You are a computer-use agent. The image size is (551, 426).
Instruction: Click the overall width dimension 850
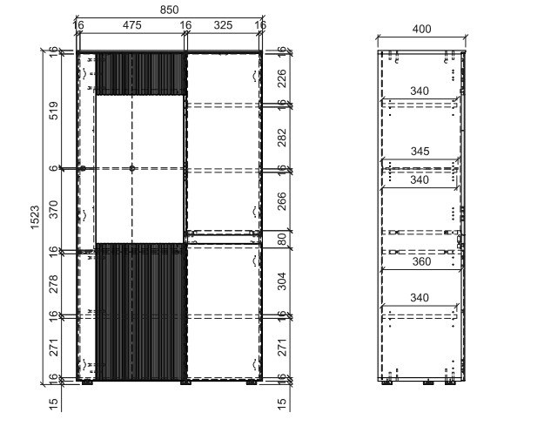tap(169, 10)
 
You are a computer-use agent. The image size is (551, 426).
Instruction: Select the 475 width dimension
tap(131, 25)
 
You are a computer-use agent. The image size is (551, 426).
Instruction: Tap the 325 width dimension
tap(223, 25)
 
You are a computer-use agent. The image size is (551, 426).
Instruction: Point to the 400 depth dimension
tap(421, 29)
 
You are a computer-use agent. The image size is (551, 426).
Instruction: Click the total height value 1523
tap(35, 218)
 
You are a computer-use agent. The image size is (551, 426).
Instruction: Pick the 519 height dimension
tap(53, 111)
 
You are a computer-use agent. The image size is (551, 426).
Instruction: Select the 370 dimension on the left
tap(53, 209)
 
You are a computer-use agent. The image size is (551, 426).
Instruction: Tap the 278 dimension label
tap(53, 284)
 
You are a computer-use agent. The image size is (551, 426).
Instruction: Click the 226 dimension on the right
tap(282, 78)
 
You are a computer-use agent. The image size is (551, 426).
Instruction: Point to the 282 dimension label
tap(282, 138)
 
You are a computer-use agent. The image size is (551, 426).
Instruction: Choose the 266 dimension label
tap(282, 201)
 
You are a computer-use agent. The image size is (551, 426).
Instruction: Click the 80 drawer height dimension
tap(282, 240)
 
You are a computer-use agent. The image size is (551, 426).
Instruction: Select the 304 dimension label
tap(282, 281)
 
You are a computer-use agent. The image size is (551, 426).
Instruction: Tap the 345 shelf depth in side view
tap(420, 152)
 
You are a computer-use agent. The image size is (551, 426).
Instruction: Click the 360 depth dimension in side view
tap(421, 261)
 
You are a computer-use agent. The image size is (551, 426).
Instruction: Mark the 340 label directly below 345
tap(420, 179)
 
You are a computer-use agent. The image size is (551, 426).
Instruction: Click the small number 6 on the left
tap(53, 168)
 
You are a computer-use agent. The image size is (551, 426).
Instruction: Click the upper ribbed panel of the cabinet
tap(140, 74)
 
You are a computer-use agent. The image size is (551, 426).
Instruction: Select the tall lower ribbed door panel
tap(140, 312)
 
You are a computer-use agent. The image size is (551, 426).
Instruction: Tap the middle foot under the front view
tap(185, 382)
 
